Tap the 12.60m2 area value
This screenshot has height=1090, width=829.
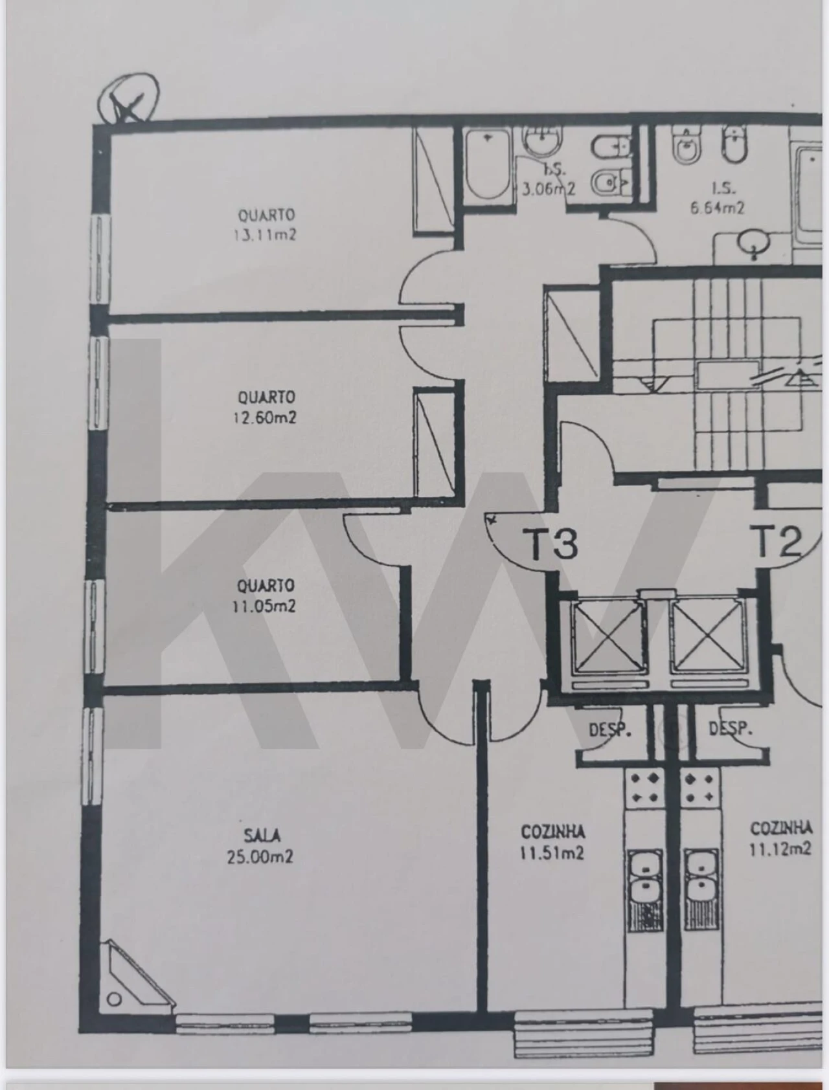click(264, 418)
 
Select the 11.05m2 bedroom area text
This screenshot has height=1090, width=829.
click(264, 606)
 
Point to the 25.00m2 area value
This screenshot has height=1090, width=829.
click(260, 857)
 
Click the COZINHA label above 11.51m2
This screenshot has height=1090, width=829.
click(552, 831)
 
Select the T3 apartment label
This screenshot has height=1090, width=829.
click(554, 544)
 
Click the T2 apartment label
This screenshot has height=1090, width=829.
click(777, 542)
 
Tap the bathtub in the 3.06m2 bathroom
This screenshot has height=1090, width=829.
click(488, 166)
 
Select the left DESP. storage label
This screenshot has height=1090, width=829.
click(609, 729)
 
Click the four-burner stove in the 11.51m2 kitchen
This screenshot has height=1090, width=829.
click(644, 787)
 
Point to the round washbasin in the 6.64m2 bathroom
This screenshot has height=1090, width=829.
click(754, 243)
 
